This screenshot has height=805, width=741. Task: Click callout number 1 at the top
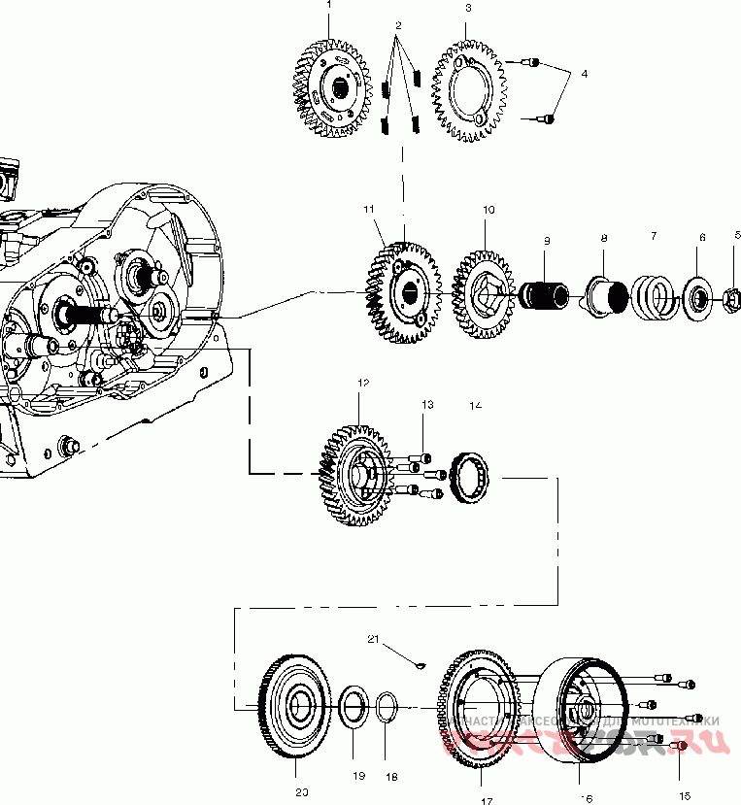tap(328, 5)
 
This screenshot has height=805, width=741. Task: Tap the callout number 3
tap(468, 8)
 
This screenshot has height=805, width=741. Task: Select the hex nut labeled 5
tap(733, 298)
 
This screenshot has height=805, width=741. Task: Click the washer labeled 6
tap(696, 296)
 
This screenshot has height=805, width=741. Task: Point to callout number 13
tap(426, 404)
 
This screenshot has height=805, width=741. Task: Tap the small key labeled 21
tap(420, 665)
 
